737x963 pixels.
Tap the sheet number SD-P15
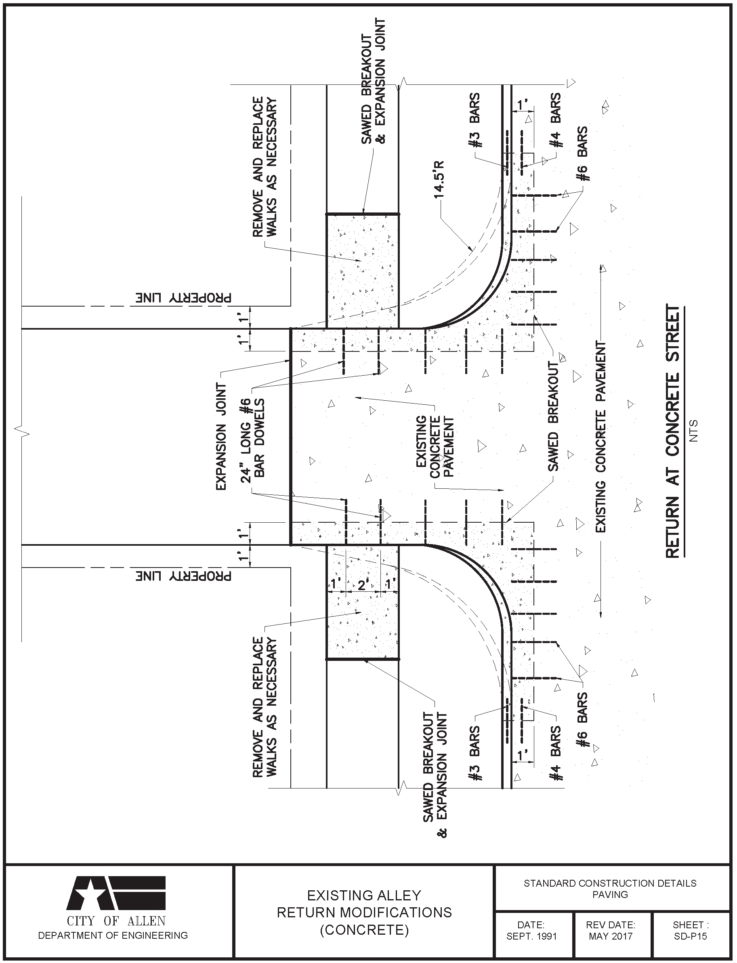click(x=691, y=936)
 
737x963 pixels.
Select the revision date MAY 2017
click(x=610, y=936)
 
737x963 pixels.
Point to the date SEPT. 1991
click(x=531, y=936)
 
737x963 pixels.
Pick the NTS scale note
click(x=693, y=431)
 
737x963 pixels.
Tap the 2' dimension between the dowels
click(x=362, y=585)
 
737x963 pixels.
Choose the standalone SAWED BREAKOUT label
click(x=554, y=416)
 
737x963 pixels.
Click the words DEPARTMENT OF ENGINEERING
click(x=113, y=936)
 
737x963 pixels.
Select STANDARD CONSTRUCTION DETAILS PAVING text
click(x=610, y=888)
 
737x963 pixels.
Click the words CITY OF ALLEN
click(x=116, y=921)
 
